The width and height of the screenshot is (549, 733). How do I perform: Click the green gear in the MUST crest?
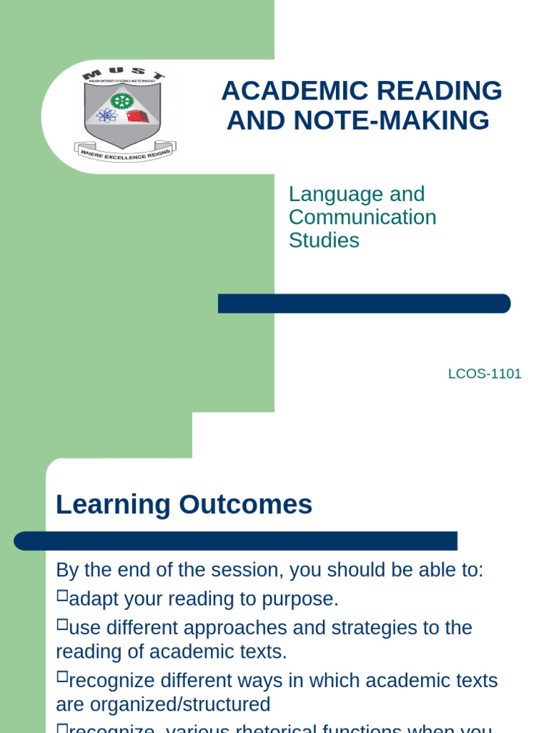[x=122, y=101]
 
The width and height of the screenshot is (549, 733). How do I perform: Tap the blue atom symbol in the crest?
[x=107, y=115]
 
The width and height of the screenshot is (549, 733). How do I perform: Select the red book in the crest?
[x=137, y=116]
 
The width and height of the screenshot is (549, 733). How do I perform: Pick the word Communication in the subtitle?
[x=362, y=217]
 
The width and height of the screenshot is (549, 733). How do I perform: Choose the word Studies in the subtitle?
[x=324, y=240]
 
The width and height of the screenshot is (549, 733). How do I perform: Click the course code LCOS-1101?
[x=485, y=374]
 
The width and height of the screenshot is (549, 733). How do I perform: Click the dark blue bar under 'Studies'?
[x=364, y=304]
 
